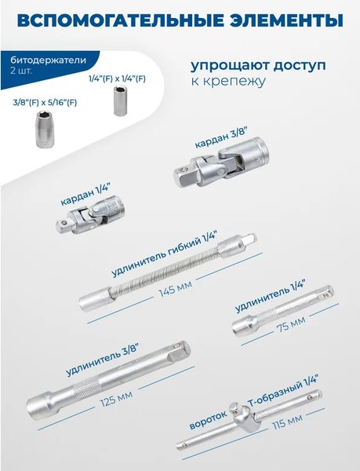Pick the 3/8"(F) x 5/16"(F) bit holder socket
(x=45, y=126)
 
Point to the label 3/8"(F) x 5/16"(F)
(x=45, y=101)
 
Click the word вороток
(x=209, y=418)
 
